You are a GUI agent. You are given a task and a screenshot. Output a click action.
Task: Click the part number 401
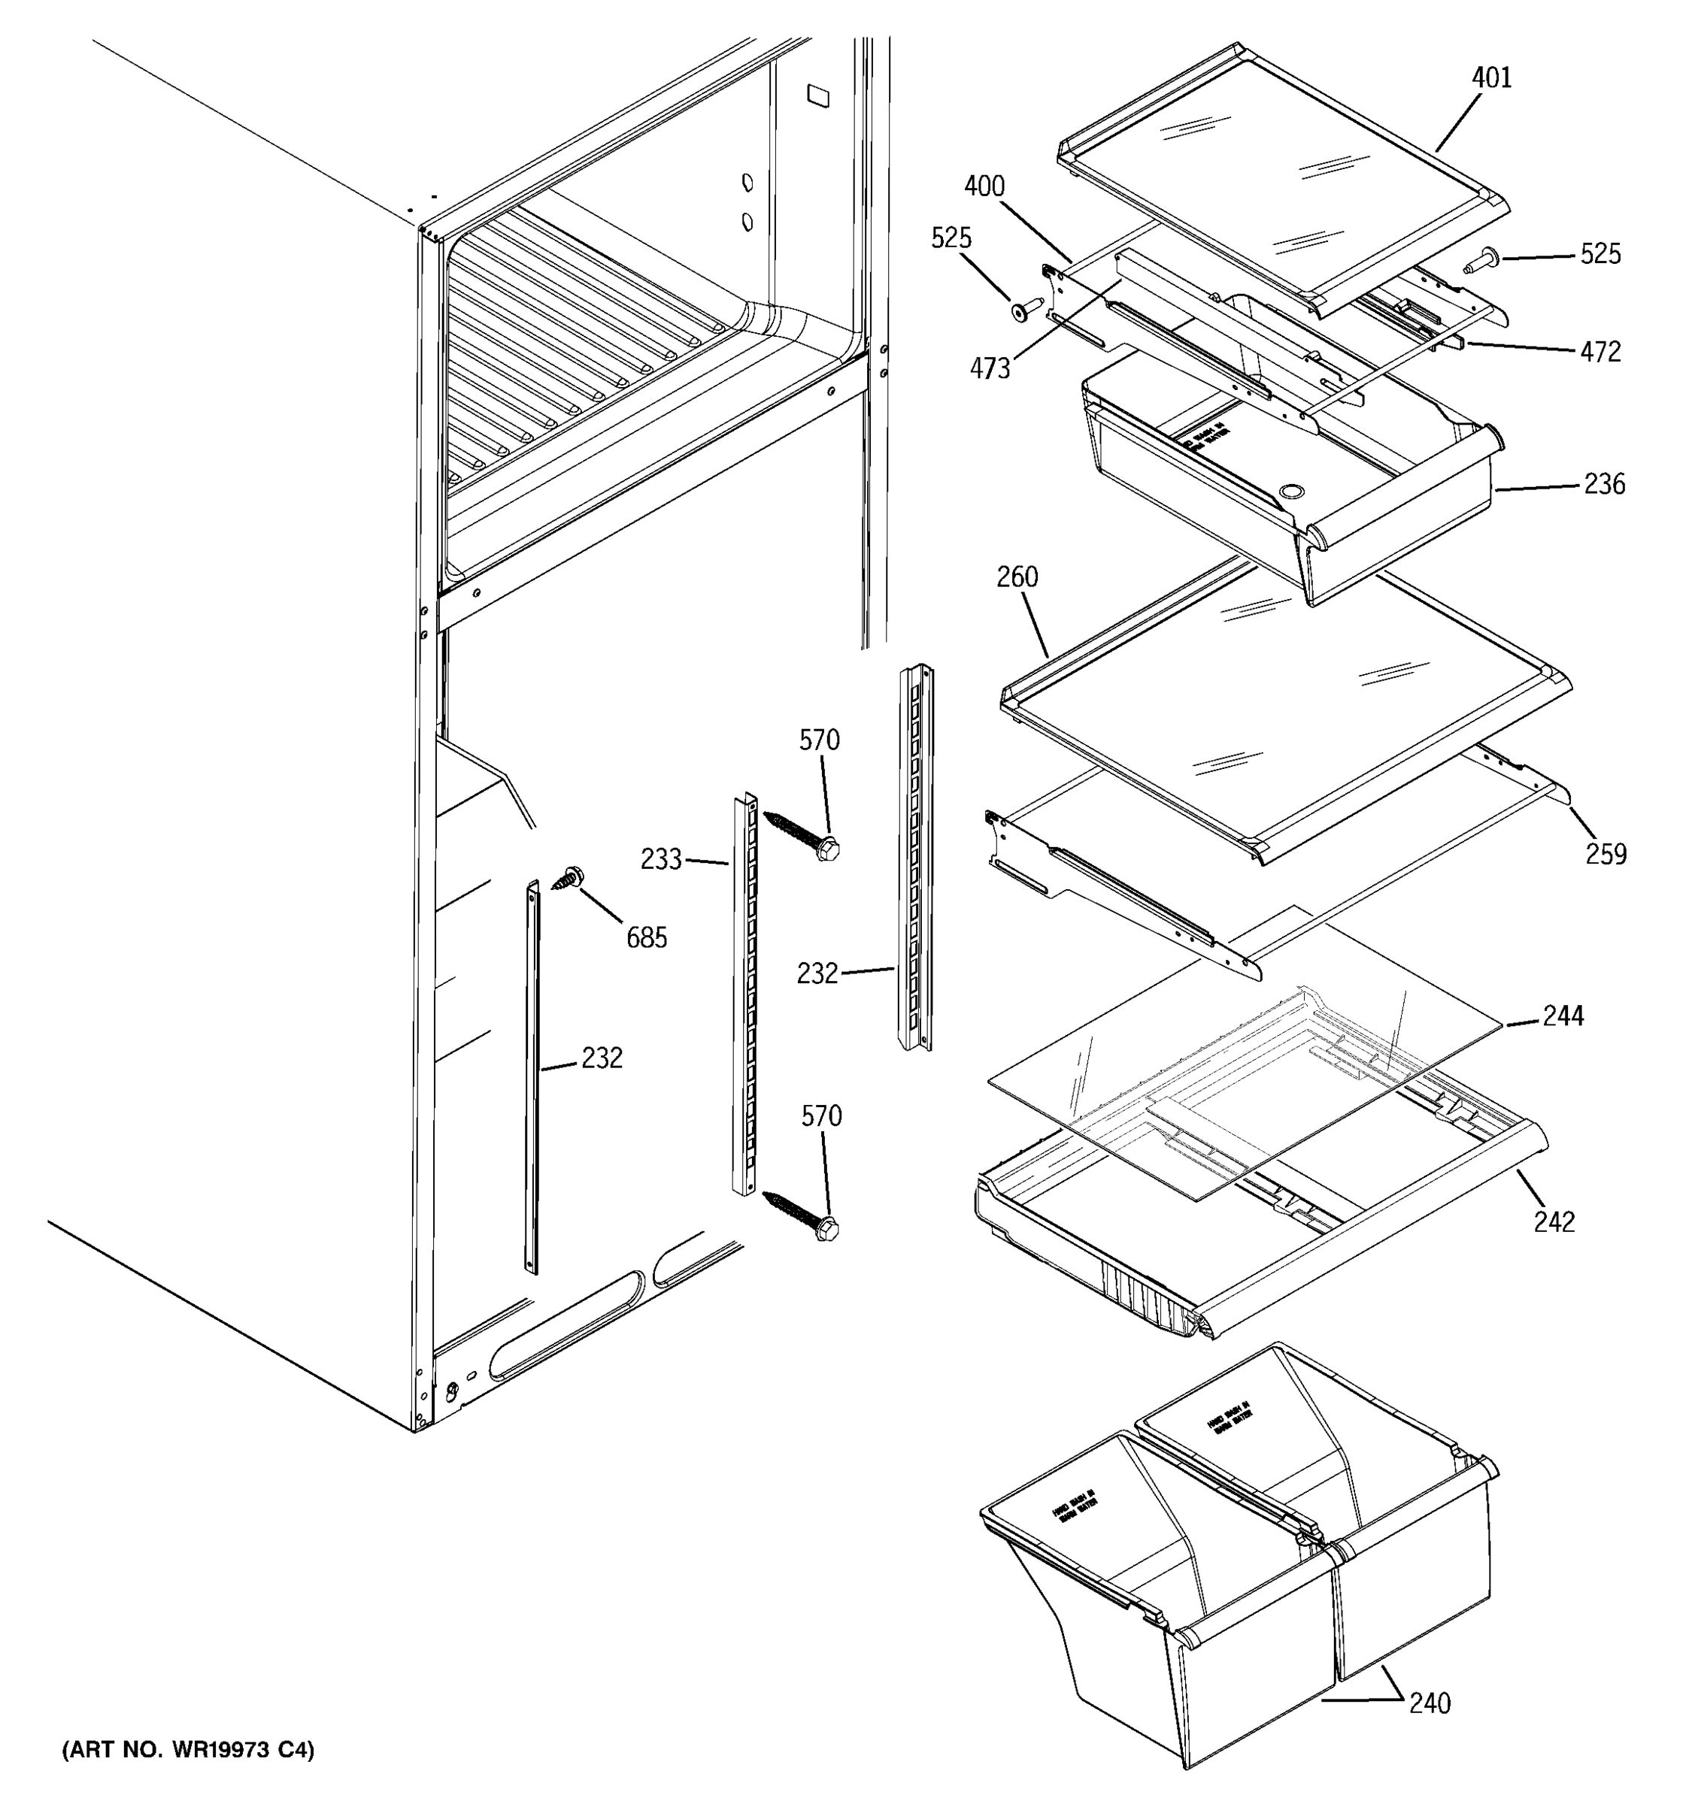click(1491, 78)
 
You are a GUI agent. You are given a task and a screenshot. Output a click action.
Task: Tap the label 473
click(990, 368)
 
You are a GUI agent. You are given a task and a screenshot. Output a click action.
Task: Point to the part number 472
click(1600, 352)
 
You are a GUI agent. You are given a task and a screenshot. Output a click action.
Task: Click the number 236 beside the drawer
click(1604, 485)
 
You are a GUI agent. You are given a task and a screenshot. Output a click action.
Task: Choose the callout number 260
click(1017, 577)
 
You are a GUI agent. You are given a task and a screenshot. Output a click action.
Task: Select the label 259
click(1606, 854)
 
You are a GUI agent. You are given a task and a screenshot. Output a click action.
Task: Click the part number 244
click(1563, 1016)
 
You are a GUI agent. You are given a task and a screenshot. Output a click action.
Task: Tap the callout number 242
click(1554, 1222)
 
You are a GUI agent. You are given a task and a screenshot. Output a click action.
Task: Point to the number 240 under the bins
click(1430, 1703)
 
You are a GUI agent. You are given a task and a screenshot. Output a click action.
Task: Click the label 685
click(646, 937)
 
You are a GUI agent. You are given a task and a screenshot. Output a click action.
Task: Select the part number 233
click(661, 859)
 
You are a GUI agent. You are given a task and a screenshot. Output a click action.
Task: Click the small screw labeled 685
click(569, 877)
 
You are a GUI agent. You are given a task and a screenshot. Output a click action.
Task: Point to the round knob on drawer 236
click(1290, 492)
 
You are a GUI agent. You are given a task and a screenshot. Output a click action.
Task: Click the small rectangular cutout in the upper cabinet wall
click(817, 96)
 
